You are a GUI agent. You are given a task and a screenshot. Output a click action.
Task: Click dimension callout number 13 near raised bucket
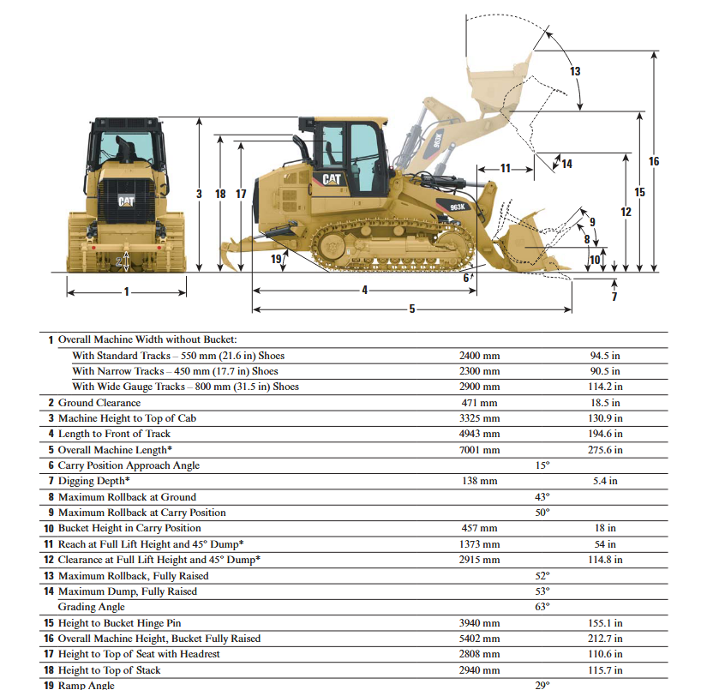pos(575,71)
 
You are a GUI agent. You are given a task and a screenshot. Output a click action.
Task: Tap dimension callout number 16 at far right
pos(654,161)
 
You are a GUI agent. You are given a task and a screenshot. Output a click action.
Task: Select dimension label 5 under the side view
pos(411,309)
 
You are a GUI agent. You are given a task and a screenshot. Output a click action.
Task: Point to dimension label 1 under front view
pos(127,291)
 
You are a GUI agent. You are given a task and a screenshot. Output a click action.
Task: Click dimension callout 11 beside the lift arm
pos(505,167)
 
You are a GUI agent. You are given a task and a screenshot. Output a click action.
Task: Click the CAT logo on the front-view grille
pos(126,201)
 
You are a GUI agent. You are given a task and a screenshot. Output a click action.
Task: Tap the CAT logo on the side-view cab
pos(332,179)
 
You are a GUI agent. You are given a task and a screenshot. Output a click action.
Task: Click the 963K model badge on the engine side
pos(457,207)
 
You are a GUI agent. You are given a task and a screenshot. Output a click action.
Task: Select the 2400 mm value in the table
pos(479,356)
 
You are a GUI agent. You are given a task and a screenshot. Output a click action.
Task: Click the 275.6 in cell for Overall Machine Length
pos(605,450)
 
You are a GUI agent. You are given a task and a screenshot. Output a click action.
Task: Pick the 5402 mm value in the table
pos(479,639)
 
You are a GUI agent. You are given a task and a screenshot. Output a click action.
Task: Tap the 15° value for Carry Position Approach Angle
pos(542,465)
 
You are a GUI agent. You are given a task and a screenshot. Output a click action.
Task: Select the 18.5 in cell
pos(605,403)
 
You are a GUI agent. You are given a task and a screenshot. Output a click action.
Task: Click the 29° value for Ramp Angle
pos(542,685)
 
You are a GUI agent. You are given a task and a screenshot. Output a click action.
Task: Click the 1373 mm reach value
pos(479,544)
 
